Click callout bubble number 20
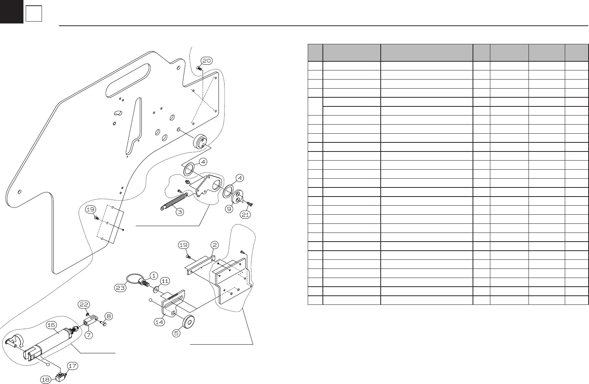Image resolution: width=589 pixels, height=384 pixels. tap(206, 61)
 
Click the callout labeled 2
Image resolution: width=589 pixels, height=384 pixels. tap(214, 245)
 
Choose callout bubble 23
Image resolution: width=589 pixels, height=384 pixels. tap(121, 287)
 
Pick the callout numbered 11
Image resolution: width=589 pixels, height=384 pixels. tap(165, 281)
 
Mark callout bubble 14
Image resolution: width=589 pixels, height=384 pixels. tap(159, 322)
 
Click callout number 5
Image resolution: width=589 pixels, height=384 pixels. tap(177, 334)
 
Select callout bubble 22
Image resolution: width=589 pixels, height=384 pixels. tap(84, 304)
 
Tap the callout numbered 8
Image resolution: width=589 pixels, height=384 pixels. tap(108, 316)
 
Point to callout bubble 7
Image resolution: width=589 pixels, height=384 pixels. tap(89, 335)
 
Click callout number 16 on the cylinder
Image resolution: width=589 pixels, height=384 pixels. tap(51, 325)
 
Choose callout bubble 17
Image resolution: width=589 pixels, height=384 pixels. tap(73, 366)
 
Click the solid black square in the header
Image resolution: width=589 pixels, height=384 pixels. tap(11, 11)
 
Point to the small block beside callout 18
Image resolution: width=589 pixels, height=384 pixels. tap(60, 378)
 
